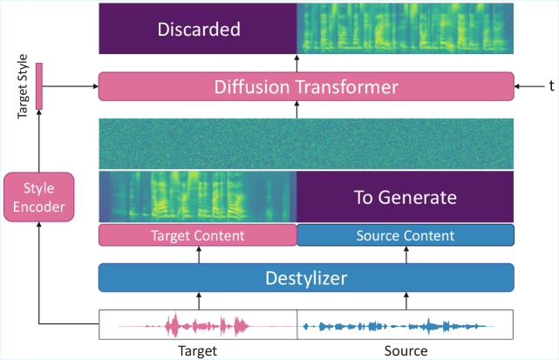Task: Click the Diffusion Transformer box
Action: [306, 86]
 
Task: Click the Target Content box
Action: [198, 235]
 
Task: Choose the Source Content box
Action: [406, 235]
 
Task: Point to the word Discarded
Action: [198, 29]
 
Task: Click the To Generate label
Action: [406, 197]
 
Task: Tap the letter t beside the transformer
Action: [551, 86]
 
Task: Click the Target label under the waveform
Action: [197, 350]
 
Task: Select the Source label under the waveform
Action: [406, 350]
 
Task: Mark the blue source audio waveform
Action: [397, 326]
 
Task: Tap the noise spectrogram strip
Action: [306, 143]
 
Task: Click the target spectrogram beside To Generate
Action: [198, 197]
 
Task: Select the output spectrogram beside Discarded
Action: [406, 29]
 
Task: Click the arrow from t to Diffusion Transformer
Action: [527, 86]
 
